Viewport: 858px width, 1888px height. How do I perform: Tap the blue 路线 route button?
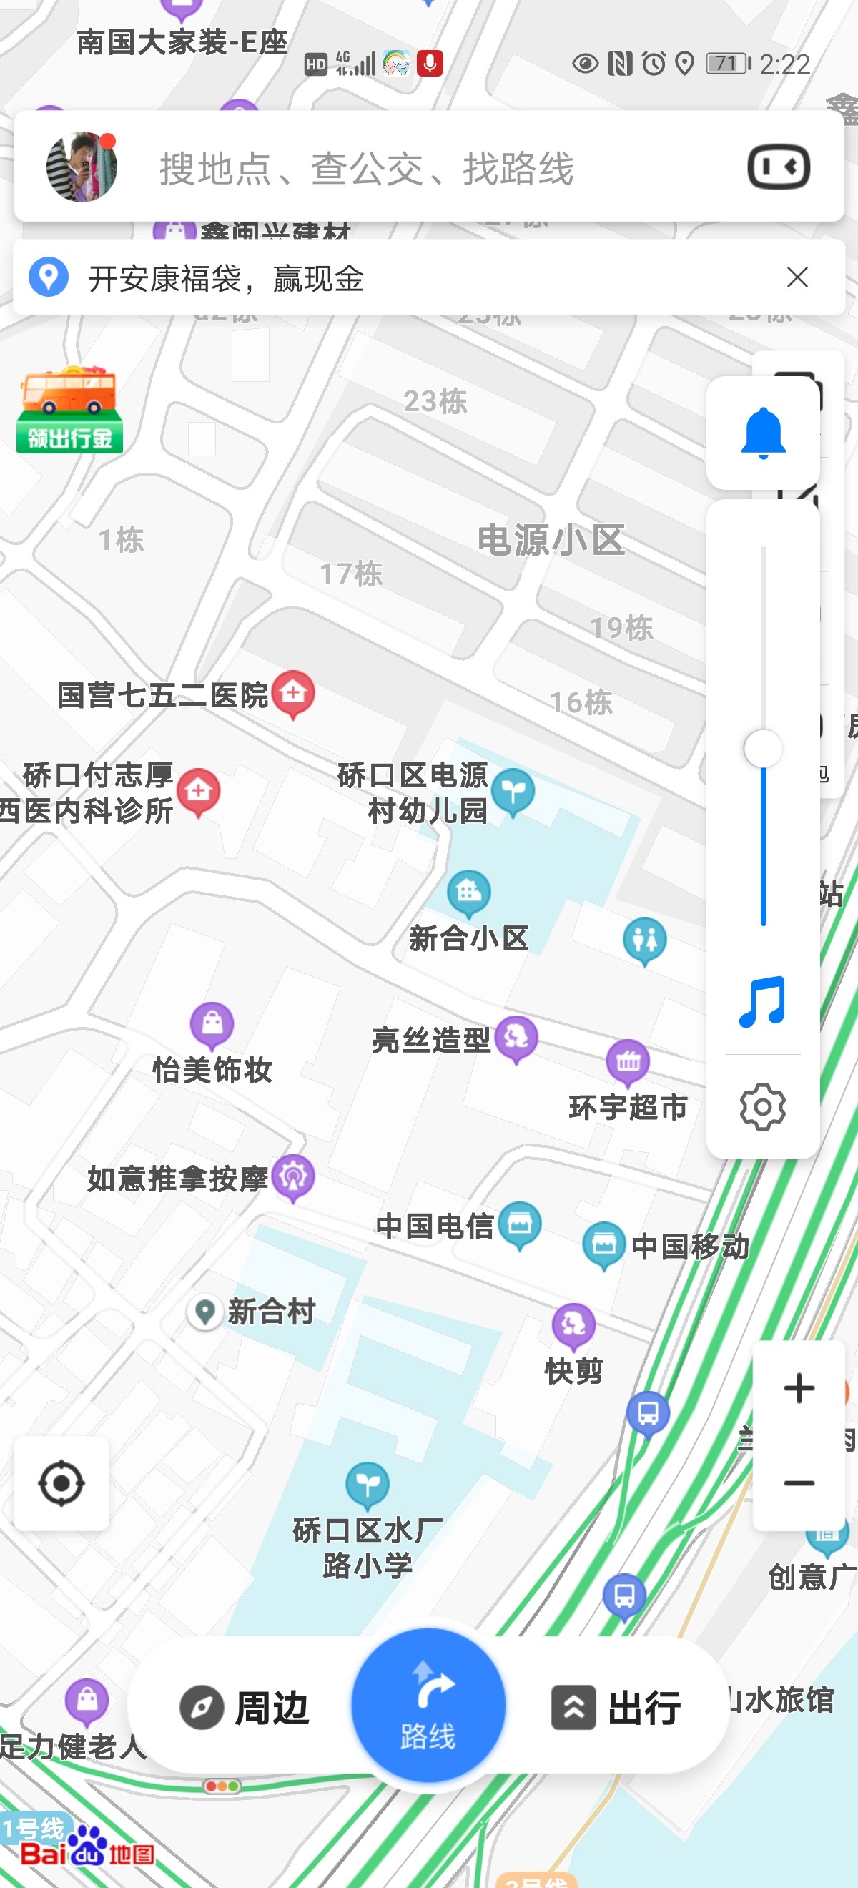[428, 1706]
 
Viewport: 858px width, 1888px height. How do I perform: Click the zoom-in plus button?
[798, 1388]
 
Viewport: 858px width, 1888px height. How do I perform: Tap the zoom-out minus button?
[798, 1483]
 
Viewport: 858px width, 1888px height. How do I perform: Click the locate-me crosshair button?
[61, 1483]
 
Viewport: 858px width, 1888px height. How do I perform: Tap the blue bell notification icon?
[763, 433]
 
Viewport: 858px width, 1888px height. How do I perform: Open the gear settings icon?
[763, 1107]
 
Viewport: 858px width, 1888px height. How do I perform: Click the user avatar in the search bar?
[82, 167]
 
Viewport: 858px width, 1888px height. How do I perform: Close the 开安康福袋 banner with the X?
[797, 277]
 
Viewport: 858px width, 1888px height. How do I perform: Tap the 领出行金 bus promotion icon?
[69, 410]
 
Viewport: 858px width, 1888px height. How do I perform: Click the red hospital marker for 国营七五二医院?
[293, 692]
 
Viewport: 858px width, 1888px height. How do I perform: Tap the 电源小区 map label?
[551, 540]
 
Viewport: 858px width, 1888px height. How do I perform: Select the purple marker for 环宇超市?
[628, 1062]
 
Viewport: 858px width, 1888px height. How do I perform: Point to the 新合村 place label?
[270, 1311]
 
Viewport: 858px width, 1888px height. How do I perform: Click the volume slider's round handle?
[763, 749]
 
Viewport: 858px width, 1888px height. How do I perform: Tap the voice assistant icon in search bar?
[778, 167]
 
